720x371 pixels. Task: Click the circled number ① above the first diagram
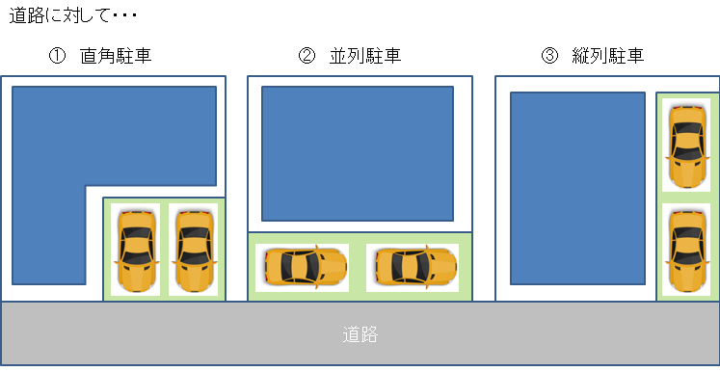57,56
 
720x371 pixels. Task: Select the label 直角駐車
117,56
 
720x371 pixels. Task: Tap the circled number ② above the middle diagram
306,56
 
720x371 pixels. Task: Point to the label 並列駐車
365,56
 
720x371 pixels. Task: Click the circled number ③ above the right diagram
550,56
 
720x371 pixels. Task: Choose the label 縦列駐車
610,56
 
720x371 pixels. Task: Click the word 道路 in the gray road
360,335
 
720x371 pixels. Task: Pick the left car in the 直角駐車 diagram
135,250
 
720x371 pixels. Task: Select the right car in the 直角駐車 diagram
193,250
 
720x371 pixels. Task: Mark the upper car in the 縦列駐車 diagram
685,145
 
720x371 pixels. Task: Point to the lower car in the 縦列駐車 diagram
685,248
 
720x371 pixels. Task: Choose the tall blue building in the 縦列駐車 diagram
576,188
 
